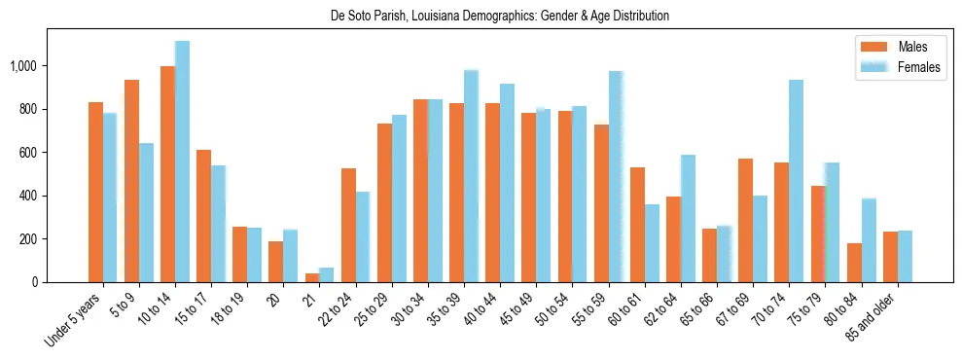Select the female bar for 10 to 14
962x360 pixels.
pyautogui.click(x=182, y=162)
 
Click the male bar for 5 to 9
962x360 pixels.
pyautogui.click(x=131, y=181)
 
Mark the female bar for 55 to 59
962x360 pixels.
pyautogui.click(x=615, y=177)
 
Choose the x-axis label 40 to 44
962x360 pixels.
pyautogui.click(x=490, y=309)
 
